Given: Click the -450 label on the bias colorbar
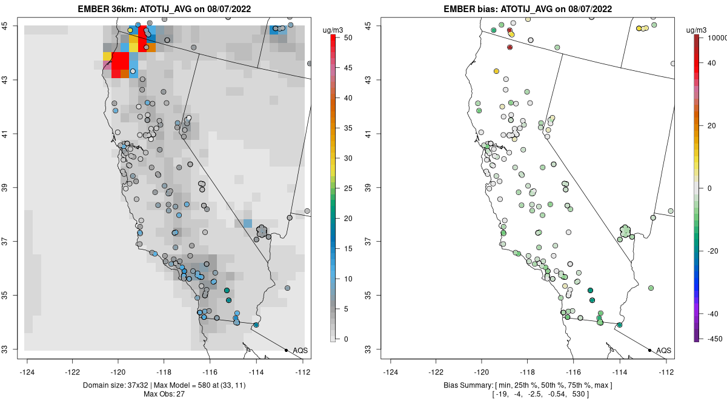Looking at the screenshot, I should (x=712, y=339).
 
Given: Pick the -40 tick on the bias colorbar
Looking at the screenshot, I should (x=712, y=314).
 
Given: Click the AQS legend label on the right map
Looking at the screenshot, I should (x=664, y=351).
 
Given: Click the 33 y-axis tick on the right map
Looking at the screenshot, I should (x=374, y=349).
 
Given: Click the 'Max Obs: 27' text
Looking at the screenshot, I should (x=164, y=394).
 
